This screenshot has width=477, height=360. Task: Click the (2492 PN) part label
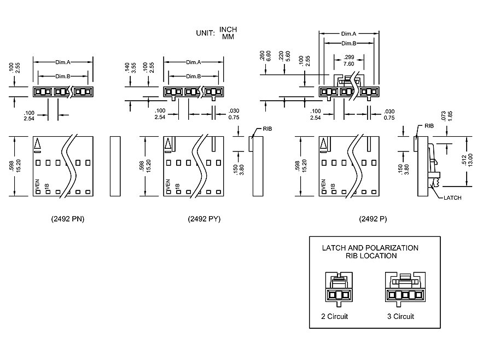(67, 219)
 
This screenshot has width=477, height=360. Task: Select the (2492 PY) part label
(204, 219)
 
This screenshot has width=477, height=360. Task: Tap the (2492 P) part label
(373, 219)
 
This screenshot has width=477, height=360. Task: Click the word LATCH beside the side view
(452, 198)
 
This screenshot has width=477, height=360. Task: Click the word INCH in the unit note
(228, 29)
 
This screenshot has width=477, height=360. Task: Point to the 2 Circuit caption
(334, 316)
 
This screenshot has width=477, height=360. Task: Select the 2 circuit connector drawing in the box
(339, 288)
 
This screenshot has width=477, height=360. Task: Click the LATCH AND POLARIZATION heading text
(370, 248)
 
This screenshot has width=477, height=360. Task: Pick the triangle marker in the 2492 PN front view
(38, 144)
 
